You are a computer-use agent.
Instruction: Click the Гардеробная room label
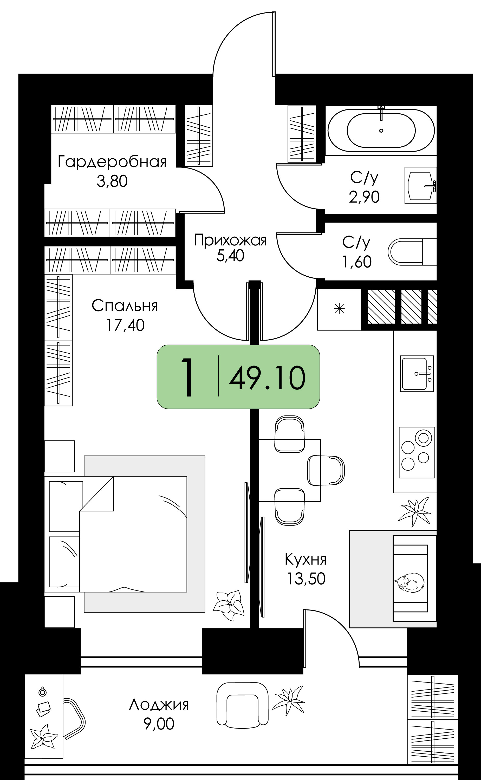click(112, 162)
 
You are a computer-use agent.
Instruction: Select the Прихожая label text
click(230, 240)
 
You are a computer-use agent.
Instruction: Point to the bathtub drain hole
click(381, 131)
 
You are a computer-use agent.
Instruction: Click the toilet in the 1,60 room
click(412, 252)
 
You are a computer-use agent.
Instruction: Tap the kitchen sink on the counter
click(417, 373)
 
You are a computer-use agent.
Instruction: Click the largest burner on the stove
click(423, 438)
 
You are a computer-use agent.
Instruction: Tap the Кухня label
click(305, 559)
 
